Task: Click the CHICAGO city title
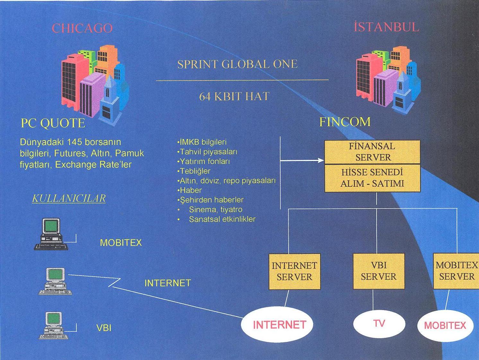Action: click(x=82, y=28)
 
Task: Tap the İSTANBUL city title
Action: click(x=386, y=27)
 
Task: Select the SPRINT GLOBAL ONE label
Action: click(x=237, y=64)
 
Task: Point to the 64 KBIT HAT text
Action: click(x=234, y=96)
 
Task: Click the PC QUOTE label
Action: click(x=53, y=123)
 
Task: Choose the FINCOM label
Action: click(x=345, y=122)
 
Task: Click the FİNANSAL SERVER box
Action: click(x=372, y=152)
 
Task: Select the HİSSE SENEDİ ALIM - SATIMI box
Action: click(x=372, y=178)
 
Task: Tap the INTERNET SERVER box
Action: click(x=294, y=271)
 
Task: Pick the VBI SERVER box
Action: click(x=379, y=271)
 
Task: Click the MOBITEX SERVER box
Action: click(x=456, y=271)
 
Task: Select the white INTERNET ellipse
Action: click(x=276, y=325)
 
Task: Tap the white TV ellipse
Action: click(x=379, y=323)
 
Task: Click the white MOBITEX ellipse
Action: click(x=445, y=325)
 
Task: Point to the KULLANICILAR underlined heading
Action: click(x=69, y=198)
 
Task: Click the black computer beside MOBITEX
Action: click(x=51, y=234)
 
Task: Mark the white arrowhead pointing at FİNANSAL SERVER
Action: click(x=321, y=160)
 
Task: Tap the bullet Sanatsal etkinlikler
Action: click(x=222, y=219)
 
